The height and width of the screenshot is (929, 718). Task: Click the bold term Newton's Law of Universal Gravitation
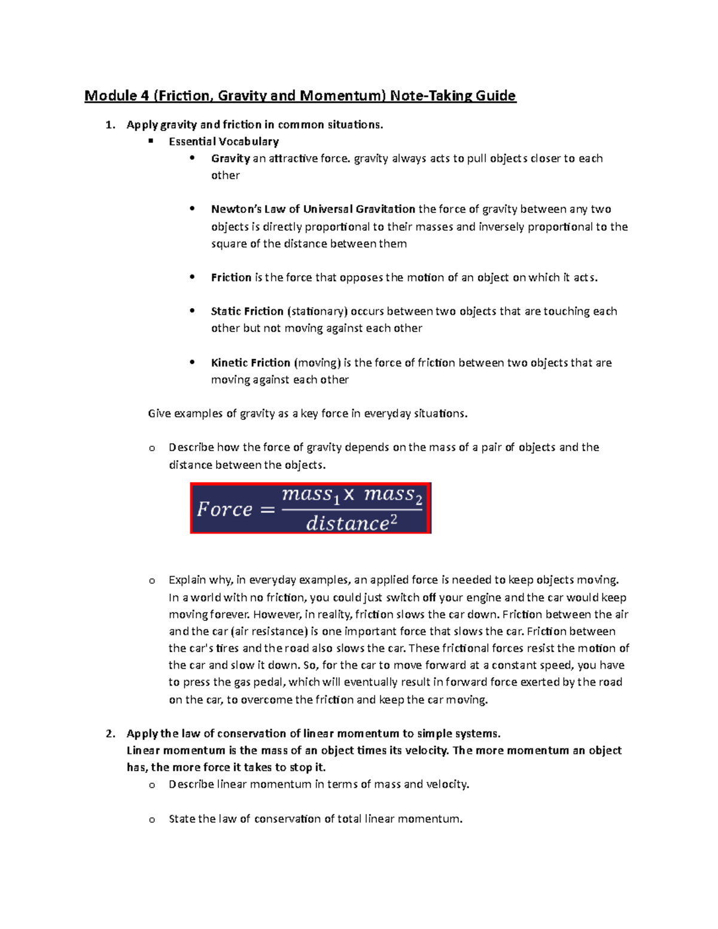(313, 209)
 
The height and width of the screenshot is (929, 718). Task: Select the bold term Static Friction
(247, 312)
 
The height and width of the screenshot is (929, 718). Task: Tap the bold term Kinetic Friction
(250, 363)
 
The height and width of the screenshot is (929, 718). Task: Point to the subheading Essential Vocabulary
(224, 142)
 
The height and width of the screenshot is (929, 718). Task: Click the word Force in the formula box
(225, 510)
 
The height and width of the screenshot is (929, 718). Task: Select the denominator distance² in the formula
(351, 524)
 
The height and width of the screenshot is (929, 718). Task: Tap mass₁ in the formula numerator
(311, 495)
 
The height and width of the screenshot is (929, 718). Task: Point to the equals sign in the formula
(267, 510)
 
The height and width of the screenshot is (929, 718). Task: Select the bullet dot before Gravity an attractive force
(191, 159)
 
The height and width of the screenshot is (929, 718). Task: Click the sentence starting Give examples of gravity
(307, 414)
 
